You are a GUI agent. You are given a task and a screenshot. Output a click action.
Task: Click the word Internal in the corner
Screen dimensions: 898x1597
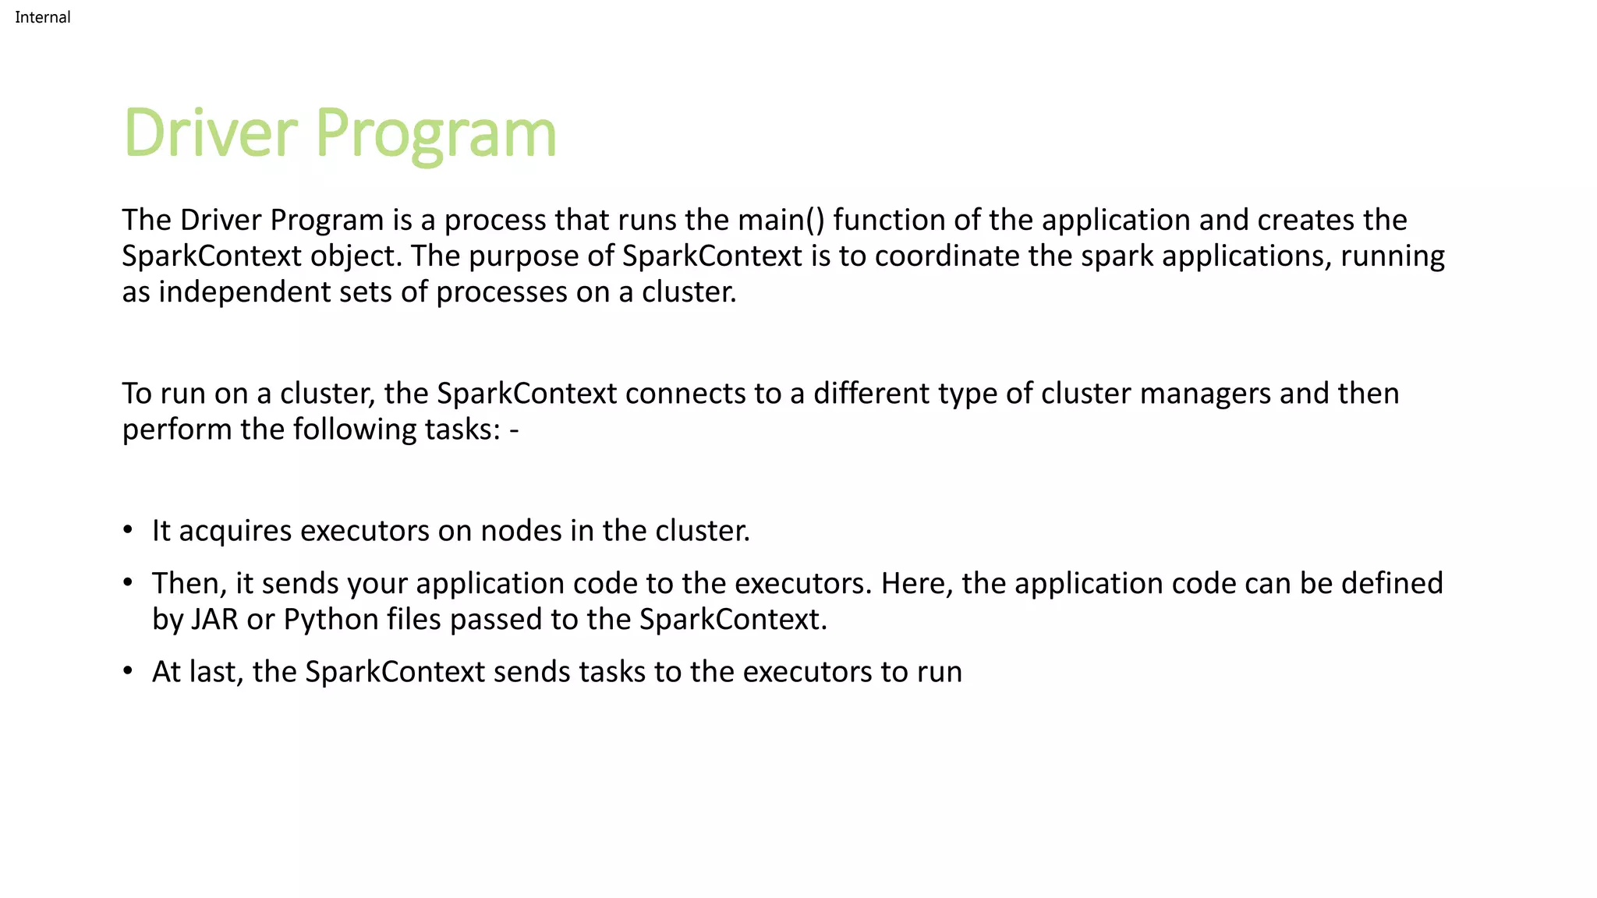42,17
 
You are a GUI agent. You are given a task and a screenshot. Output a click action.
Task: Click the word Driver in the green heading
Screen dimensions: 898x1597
211,133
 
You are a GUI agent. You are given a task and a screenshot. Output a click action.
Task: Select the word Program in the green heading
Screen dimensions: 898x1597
436,134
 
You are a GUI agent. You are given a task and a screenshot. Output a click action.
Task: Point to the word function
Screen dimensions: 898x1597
889,220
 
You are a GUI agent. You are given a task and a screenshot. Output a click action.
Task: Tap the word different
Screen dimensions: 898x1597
871,394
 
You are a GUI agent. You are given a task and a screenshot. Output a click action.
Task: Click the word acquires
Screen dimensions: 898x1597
235,531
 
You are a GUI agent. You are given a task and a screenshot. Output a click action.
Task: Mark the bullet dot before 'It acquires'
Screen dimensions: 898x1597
128,531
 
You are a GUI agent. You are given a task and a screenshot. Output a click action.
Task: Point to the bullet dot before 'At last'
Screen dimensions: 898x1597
128,672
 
